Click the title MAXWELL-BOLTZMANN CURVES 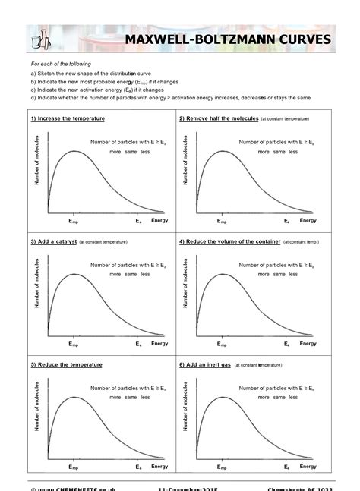click(228, 39)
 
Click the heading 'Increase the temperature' click(68, 119)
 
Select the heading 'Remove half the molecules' click(219, 119)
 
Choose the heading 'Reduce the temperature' click(67, 364)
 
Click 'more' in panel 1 click(115, 152)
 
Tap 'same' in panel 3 click(131, 274)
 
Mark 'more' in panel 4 click(263, 274)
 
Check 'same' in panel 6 click(279, 397)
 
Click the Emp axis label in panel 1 click(74, 221)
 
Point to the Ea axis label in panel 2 click(287, 221)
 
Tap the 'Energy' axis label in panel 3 click(159, 344)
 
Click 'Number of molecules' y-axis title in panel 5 click(36, 408)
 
